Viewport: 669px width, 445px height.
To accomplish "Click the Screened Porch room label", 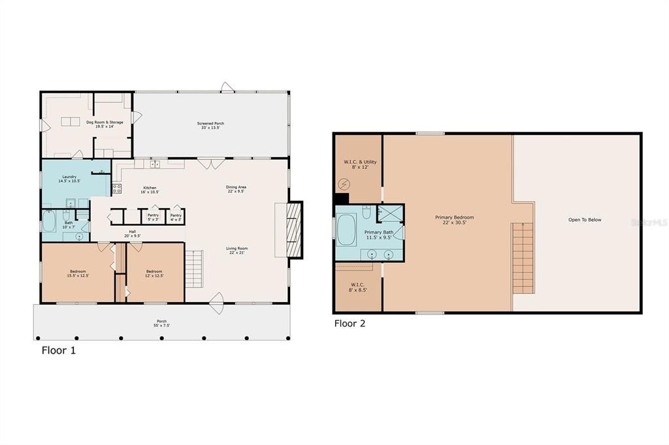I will [x=210, y=125].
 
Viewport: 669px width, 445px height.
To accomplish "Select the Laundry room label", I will [x=70, y=179].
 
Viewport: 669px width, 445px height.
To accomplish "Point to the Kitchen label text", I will [x=150, y=190].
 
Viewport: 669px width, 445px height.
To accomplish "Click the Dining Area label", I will [x=236, y=189].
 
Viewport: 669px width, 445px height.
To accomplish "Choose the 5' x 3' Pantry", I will [x=153, y=217].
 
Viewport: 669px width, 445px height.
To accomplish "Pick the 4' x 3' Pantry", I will [x=176, y=217].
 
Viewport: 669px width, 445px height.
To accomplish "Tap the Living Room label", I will [x=236, y=250].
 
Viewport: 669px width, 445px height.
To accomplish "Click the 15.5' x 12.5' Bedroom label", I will [x=78, y=273].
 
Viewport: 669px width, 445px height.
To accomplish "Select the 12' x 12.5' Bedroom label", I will [x=154, y=273].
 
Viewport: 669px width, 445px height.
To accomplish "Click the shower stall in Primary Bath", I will [x=391, y=213].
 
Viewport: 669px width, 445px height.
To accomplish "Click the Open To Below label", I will [x=584, y=220].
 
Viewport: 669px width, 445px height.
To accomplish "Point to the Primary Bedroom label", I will [x=455, y=219].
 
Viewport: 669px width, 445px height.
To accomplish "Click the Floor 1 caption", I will [x=59, y=350].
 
